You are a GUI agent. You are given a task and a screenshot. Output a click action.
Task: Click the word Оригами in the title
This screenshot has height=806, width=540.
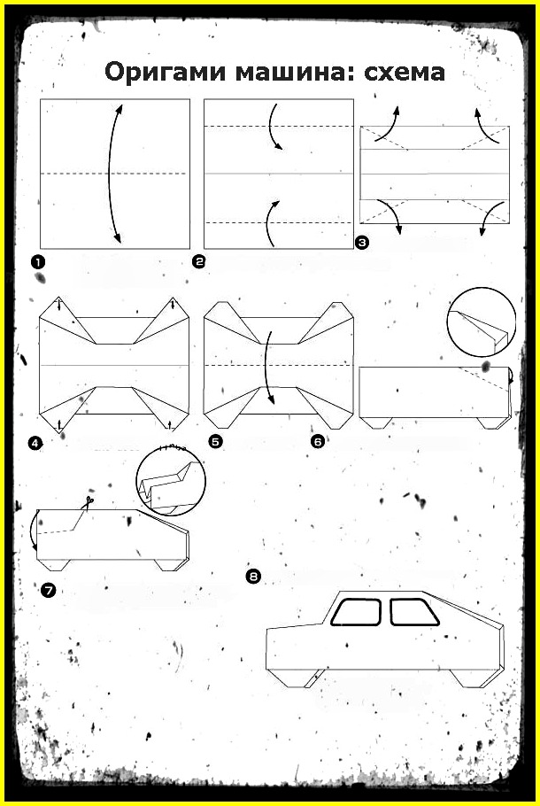166,73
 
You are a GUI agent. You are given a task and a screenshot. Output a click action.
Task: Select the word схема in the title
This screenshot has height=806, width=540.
405,73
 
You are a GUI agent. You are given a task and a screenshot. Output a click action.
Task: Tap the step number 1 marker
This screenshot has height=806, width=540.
37,262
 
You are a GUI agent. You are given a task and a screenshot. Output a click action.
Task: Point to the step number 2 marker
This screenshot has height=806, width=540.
198,261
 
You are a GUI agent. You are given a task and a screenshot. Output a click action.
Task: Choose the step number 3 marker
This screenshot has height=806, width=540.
362,243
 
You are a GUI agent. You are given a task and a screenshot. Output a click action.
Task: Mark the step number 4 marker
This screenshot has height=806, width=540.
35,443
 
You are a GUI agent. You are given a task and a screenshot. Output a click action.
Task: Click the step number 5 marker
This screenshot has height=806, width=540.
216,442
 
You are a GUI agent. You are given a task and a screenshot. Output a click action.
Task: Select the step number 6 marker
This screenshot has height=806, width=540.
318,442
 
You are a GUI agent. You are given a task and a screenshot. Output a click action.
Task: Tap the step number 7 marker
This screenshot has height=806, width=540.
48,591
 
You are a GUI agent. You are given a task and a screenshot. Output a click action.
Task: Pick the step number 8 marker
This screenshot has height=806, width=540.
253,577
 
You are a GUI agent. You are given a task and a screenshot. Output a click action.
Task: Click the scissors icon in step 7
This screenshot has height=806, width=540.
89,500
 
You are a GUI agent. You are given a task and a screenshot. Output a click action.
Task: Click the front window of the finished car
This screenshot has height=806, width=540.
356,612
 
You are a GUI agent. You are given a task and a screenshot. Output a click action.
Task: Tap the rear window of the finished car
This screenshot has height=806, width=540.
413,612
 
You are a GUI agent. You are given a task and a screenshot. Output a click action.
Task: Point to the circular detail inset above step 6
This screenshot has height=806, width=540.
482,322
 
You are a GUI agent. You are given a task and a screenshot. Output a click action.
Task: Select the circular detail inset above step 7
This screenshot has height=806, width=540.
171,482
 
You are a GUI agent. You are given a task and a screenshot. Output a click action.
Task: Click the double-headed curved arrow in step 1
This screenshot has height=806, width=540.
110,173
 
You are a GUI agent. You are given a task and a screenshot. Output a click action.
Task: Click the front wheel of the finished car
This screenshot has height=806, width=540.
296,678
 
